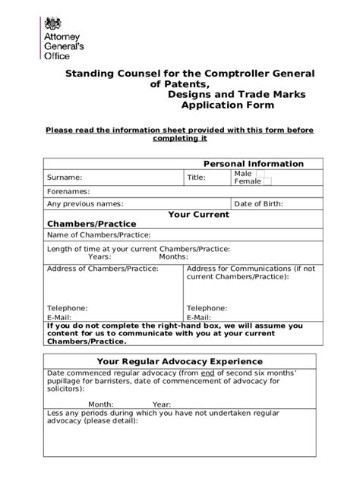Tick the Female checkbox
tap(267, 182)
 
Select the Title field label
tap(197, 178)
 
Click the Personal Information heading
tap(253, 164)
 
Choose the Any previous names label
tap(85, 204)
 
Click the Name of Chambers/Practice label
tap(99, 236)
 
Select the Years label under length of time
tap(100, 256)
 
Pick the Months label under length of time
tap(173, 256)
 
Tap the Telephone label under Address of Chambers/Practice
tap(67, 309)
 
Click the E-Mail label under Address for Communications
tap(199, 318)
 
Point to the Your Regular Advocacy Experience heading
tap(181, 361)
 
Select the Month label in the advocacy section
tap(100, 404)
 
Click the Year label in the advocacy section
tap(162, 404)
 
